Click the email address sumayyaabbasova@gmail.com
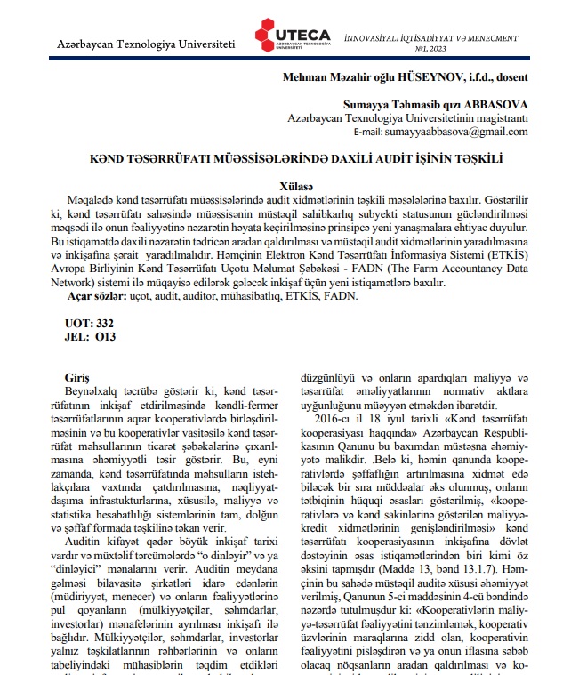click(456, 131)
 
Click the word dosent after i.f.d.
click(511, 77)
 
